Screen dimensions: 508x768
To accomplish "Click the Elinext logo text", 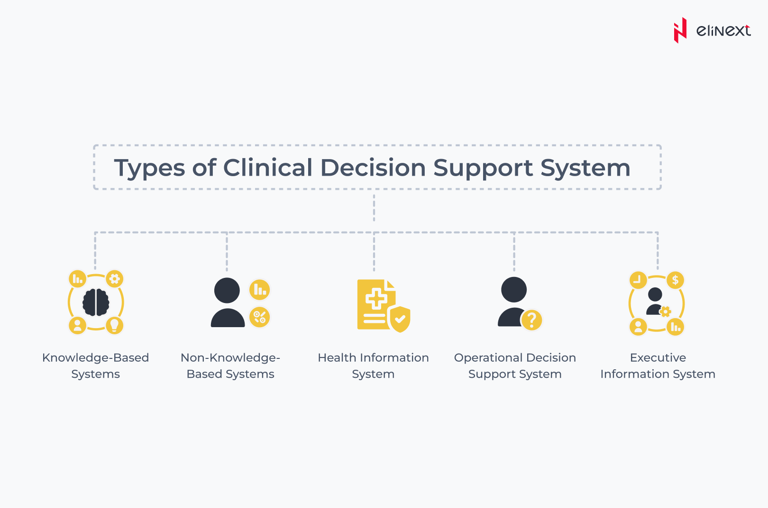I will pyautogui.click(x=723, y=31).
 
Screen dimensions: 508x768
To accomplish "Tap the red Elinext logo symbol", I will pyautogui.click(x=680, y=30).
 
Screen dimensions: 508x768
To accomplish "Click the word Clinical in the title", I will pyautogui.click(x=268, y=168).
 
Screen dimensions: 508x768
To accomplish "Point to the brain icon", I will pyautogui.click(x=96, y=302).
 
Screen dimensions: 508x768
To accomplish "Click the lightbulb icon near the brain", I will pyautogui.click(x=114, y=325).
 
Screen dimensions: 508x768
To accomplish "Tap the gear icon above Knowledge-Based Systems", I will pyautogui.click(x=114, y=279).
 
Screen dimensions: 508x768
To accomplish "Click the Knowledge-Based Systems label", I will pyautogui.click(x=95, y=365).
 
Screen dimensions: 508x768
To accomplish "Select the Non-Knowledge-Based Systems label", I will pyautogui.click(x=230, y=365).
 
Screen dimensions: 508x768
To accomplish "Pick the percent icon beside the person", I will pyautogui.click(x=260, y=317).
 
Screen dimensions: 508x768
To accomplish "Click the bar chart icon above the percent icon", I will pyautogui.click(x=260, y=289).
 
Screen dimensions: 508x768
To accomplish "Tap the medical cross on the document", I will pyautogui.click(x=376, y=299).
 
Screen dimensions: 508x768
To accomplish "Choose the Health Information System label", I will pyautogui.click(x=373, y=365).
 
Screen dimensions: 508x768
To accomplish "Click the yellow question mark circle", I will pyautogui.click(x=531, y=320).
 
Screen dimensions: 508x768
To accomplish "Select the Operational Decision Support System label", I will pyautogui.click(x=515, y=365).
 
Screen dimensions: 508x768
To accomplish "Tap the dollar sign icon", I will pyautogui.click(x=675, y=280).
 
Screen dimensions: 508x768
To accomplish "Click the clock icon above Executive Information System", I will pyautogui.click(x=638, y=280).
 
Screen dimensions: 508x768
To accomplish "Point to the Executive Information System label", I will pyautogui.click(x=658, y=365).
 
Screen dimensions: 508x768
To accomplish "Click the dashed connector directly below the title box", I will pyautogui.click(x=374, y=208).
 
